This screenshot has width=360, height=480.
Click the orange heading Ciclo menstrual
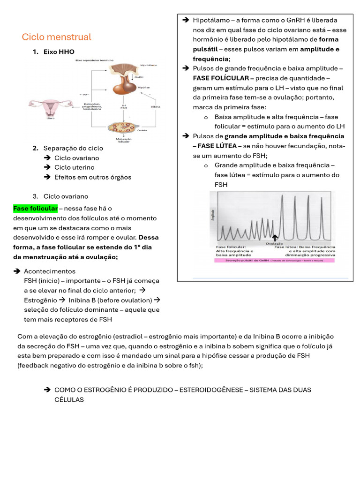[57, 37]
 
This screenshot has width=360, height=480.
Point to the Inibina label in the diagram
[155, 106]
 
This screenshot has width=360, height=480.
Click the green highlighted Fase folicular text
[35, 208]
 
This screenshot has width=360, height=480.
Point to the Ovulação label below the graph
[274, 244]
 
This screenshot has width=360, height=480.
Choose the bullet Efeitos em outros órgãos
[93, 177]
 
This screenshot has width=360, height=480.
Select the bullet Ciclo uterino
[74, 167]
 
